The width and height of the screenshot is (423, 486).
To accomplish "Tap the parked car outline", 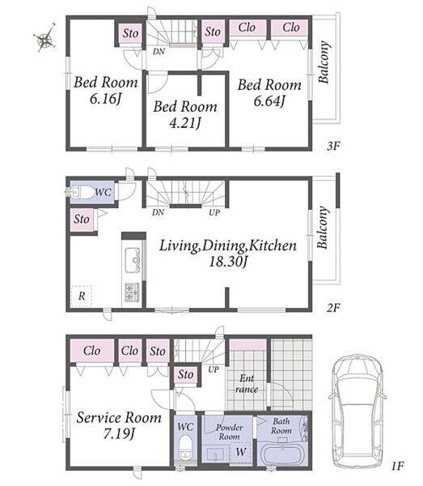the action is click(x=357, y=412).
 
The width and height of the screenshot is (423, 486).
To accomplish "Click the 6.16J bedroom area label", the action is click(x=105, y=99).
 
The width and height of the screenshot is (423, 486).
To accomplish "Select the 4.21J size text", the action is click(x=185, y=123).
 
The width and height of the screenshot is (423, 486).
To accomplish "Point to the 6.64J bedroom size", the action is click(x=269, y=100).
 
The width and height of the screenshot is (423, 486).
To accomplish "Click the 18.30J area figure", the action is click(x=228, y=262).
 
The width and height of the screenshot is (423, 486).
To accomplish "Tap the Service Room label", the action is click(x=119, y=417).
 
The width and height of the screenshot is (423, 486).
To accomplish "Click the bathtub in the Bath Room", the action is click(x=282, y=454).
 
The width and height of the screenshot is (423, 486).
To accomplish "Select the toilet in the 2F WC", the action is click(x=82, y=193).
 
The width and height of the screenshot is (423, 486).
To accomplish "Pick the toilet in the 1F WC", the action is click(x=185, y=446).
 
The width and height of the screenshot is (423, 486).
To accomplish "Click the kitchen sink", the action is click(x=133, y=260).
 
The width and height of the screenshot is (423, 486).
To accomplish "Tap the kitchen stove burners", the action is click(x=132, y=292).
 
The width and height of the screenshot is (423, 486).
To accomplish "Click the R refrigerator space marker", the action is click(x=82, y=296).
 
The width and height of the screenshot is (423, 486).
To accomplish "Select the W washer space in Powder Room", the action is click(x=241, y=453).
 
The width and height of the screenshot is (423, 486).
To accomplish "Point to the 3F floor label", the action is click(x=333, y=146).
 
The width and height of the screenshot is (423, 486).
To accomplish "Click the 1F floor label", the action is click(x=397, y=466).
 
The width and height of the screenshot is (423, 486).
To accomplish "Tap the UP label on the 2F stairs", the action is click(x=214, y=212).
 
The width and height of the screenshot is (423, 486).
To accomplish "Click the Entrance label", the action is click(x=247, y=384).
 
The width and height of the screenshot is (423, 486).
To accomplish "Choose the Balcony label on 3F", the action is click(x=324, y=62).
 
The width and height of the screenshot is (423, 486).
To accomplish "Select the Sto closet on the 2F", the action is click(x=82, y=220).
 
